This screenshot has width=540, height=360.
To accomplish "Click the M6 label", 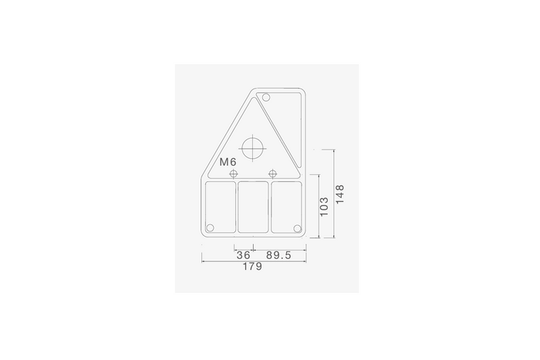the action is pyautogui.click(x=228, y=162).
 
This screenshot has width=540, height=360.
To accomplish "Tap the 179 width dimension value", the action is pyautogui.click(x=252, y=267).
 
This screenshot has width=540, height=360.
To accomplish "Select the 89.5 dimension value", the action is pyautogui.click(x=278, y=255).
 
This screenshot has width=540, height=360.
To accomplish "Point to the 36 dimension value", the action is pyautogui.click(x=244, y=255).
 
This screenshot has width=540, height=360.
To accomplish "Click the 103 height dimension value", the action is pyautogui.click(x=324, y=207).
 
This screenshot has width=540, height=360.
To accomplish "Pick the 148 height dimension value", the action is pyautogui.click(x=339, y=194).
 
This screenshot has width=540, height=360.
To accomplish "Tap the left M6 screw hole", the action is pyautogui.click(x=234, y=173).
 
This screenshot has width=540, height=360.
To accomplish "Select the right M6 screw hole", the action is pyautogui.click(x=272, y=173).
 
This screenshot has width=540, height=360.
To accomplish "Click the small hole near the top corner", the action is pyautogui.click(x=266, y=97).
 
